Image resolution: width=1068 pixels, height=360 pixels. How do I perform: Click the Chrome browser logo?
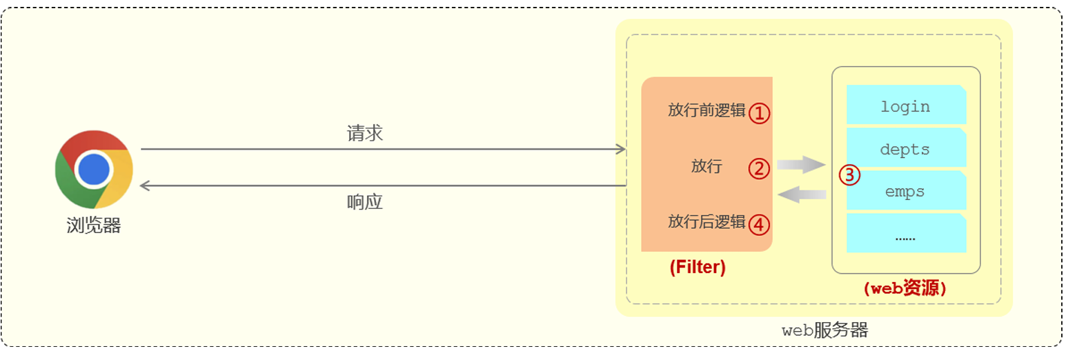(94, 169)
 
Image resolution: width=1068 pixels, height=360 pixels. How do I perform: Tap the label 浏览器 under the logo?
(94, 225)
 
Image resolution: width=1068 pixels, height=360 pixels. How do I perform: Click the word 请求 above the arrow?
(364, 134)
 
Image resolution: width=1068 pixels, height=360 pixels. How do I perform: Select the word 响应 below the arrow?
(364, 202)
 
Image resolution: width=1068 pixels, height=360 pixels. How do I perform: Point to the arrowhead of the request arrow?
(622, 150)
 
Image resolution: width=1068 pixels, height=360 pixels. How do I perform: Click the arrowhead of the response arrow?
(144, 186)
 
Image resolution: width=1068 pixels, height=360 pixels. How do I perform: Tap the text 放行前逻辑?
(706, 111)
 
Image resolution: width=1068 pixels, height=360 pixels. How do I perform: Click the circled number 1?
(759, 113)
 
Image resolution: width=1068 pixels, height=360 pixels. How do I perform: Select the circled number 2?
(759, 168)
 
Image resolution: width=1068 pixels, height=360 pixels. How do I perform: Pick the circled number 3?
(849, 175)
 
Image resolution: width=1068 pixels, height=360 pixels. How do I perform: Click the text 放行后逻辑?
(706, 222)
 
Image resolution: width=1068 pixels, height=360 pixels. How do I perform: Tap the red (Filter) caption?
(697, 268)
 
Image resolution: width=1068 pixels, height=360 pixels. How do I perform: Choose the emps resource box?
(905, 190)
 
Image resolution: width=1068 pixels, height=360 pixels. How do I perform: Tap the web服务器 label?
(824, 330)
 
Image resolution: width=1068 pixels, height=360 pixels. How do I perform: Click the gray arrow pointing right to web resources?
(801, 164)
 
